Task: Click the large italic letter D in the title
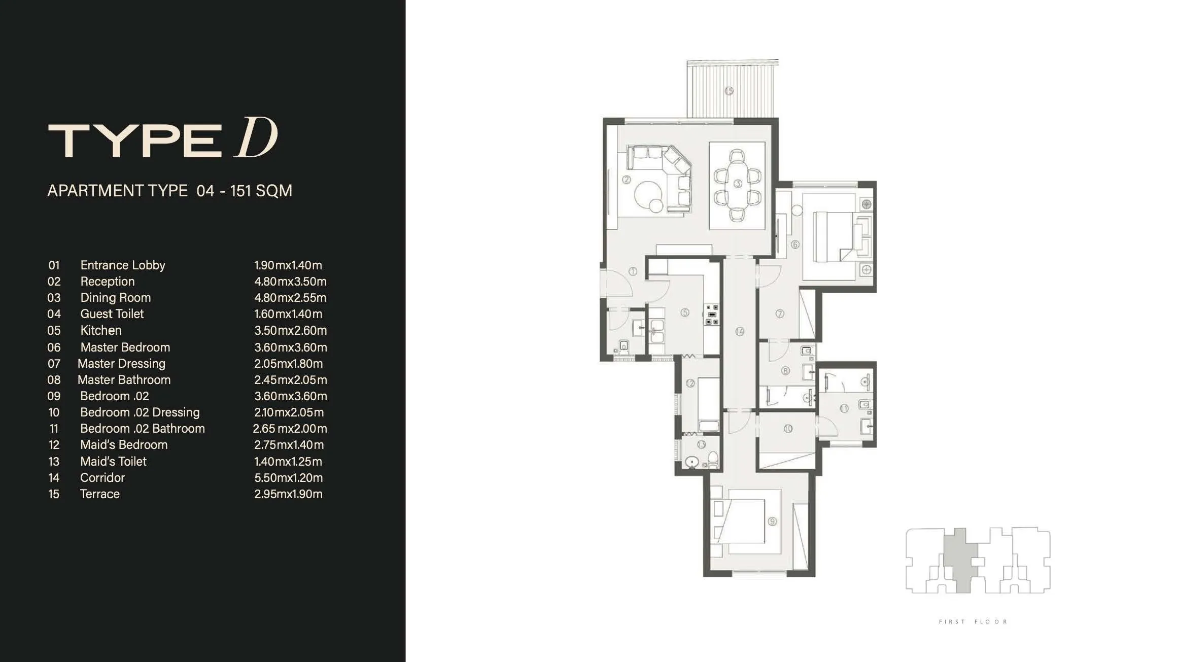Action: [x=256, y=138]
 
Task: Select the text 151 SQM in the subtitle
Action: [x=261, y=191]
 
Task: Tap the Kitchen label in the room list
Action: [x=101, y=330]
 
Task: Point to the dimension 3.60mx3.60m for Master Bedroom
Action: [x=290, y=347]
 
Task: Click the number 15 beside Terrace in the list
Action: [x=54, y=494]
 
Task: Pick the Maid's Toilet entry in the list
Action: [x=113, y=462]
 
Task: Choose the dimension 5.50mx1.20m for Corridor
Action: [x=288, y=478]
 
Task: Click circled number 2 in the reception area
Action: [x=627, y=179]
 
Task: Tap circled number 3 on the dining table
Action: [x=738, y=183]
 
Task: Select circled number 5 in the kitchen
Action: [x=685, y=312]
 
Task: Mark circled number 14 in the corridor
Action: [x=740, y=332]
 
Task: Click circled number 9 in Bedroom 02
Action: [x=772, y=521]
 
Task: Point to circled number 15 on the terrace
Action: [x=729, y=91]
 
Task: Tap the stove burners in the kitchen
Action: [x=712, y=315]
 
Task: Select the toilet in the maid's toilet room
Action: [x=713, y=459]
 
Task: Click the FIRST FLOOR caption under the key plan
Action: [x=973, y=622]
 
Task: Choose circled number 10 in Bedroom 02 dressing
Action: [x=788, y=429]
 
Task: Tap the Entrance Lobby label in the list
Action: [x=123, y=265]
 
